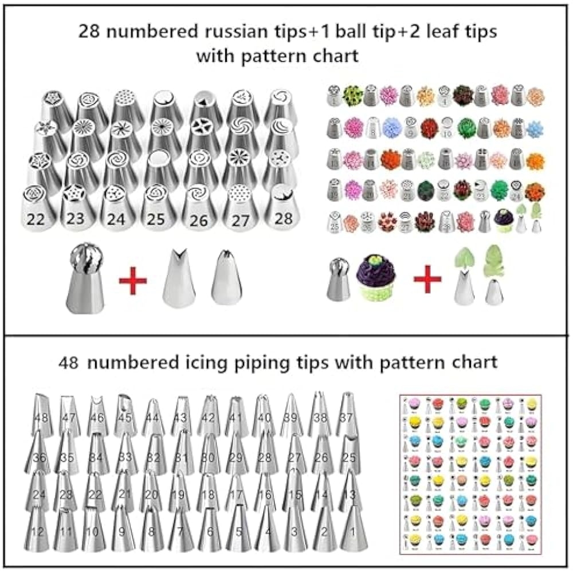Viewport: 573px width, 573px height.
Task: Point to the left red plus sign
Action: click(133, 281)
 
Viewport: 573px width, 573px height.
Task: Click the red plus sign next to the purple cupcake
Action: click(427, 280)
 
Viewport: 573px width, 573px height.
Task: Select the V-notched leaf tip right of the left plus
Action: click(177, 279)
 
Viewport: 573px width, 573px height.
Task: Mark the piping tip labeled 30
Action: click(209, 456)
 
